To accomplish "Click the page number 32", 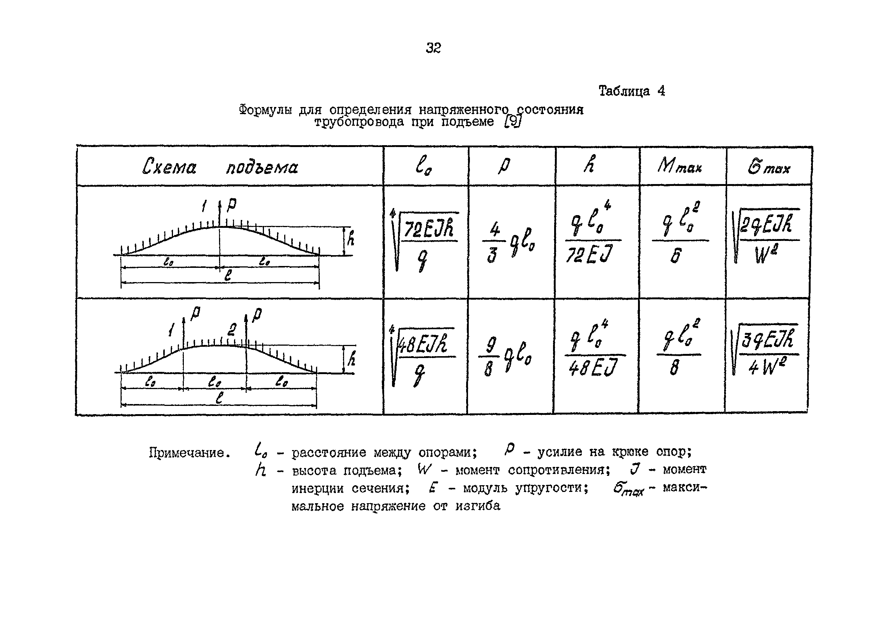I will [x=433, y=48].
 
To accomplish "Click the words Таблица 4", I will [x=632, y=91].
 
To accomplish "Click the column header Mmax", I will [x=679, y=166].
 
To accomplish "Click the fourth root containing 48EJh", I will [x=423, y=355].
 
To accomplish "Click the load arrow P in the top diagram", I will [x=231, y=205].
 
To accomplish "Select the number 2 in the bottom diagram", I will [x=232, y=330].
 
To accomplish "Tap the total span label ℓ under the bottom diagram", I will [x=219, y=397].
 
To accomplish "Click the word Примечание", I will [x=190, y=453].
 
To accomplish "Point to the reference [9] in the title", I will [x=513, y=122].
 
